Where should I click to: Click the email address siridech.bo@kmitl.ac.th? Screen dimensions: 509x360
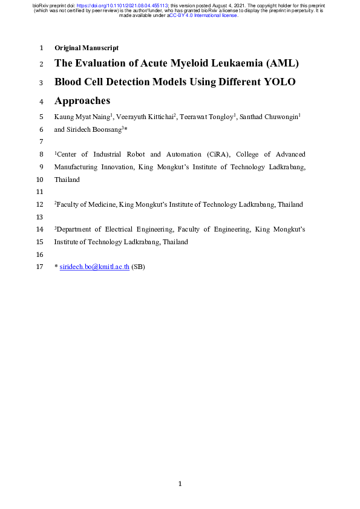(94, 267)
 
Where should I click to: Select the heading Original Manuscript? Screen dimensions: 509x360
(87, 47)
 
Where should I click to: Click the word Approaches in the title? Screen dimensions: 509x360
(82, 100)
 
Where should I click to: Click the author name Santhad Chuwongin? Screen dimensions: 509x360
(270, 117)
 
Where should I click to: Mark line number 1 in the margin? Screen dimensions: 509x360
(41, 47)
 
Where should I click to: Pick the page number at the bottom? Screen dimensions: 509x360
(180, 484)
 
